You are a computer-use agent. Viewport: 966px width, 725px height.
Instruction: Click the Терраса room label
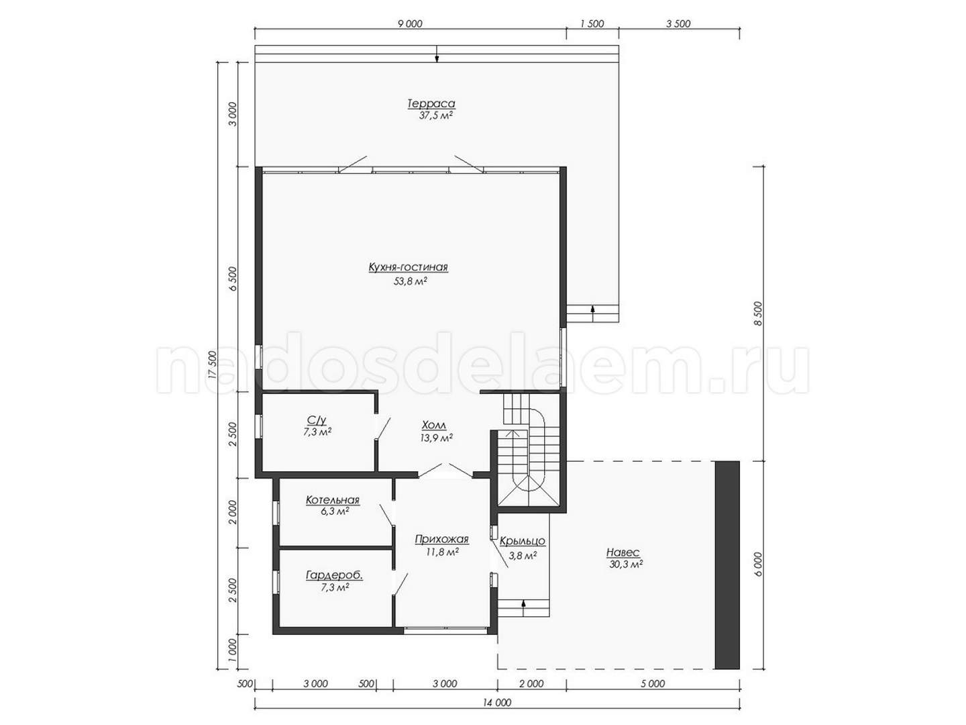(431, 104)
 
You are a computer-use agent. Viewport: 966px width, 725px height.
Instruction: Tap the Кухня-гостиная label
(408, 268)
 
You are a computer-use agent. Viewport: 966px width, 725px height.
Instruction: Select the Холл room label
(434, 425)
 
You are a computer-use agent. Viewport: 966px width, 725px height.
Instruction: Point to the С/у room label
(317, 420)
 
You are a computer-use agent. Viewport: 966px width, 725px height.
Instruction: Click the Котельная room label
(333, 500)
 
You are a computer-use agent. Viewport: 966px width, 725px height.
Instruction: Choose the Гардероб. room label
(335, 575)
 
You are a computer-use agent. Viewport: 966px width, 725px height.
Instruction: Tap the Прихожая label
(442, 539)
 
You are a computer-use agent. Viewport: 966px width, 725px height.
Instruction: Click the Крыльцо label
(523, 542)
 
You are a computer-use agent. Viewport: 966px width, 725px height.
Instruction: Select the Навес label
(623, 552)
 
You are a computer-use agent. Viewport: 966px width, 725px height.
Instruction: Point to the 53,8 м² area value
(411, 281)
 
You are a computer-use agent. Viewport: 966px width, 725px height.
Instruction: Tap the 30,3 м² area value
(626, 565)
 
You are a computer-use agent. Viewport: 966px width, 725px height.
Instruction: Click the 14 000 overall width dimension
(497, 702)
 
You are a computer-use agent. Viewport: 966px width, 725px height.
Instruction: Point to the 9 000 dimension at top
(410, 23)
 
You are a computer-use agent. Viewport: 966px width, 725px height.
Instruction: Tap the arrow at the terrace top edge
(437, 54)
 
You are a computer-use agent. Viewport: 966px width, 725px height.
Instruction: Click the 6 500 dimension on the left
(233, 278)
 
